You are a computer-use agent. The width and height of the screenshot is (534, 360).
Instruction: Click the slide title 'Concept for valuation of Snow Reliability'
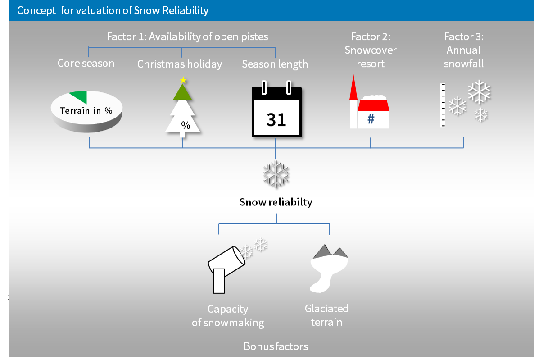113,10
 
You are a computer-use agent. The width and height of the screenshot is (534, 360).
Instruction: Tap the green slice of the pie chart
78,96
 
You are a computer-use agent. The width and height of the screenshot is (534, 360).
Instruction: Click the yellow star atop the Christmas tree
183,80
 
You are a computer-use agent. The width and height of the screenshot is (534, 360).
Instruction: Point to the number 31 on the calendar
276,119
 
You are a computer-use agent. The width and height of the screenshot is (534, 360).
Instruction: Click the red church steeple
353,87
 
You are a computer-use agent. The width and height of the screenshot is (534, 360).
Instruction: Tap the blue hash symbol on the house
371,119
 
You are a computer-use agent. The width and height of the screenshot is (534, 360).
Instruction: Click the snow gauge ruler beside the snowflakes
443,105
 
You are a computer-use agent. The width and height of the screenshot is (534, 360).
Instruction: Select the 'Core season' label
86,63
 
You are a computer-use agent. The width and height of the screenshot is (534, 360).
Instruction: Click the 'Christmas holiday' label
180,64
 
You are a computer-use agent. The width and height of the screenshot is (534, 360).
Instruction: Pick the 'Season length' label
275,64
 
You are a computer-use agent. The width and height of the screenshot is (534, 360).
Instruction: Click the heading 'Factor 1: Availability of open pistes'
187,36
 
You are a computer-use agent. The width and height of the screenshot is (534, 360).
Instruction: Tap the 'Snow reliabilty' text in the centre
276,202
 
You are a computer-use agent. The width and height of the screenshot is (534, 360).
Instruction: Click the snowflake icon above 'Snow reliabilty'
276,173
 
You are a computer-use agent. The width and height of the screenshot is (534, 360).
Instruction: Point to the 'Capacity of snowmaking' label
228,316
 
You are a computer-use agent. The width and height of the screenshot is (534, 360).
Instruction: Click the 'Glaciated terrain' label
326,315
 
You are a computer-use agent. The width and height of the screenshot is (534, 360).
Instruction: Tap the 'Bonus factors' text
276,346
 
